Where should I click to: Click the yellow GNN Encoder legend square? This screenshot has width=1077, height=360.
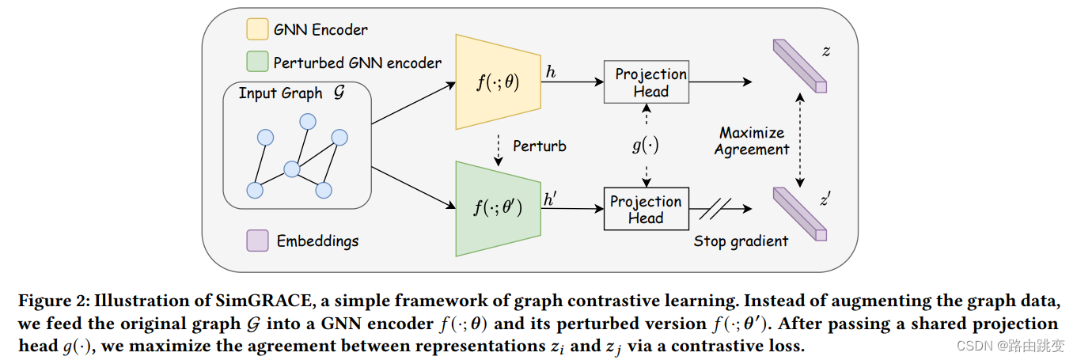click(x=257, y=30)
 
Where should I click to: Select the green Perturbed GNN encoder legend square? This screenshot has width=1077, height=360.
click(x=257, y=63)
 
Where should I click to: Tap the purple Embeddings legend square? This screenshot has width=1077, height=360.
click(x=257, y=241)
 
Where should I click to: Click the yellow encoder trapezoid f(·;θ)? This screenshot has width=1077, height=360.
click(x=497, y=82)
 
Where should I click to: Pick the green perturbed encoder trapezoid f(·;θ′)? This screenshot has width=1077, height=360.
click(x=497, y=208)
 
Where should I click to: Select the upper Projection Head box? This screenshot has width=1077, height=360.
click(x=646, y=82)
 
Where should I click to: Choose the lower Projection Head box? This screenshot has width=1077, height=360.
click(x=646, y=209)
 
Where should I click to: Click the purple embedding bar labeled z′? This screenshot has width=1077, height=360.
click(x=798, y=212)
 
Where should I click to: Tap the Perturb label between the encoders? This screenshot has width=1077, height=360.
click(x=540, y=146)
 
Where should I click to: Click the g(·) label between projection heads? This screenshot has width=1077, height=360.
click(x=646, y=146)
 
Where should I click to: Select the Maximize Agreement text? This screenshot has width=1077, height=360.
click(x=752, y=141)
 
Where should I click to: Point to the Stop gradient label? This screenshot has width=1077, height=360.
click(x=741, y=241)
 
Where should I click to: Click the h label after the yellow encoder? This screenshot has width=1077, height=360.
click(x=550, y=72)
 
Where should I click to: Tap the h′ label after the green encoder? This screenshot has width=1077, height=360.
click(x=552, y=199)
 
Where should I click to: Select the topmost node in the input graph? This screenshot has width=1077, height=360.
click(x=307, y=121)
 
